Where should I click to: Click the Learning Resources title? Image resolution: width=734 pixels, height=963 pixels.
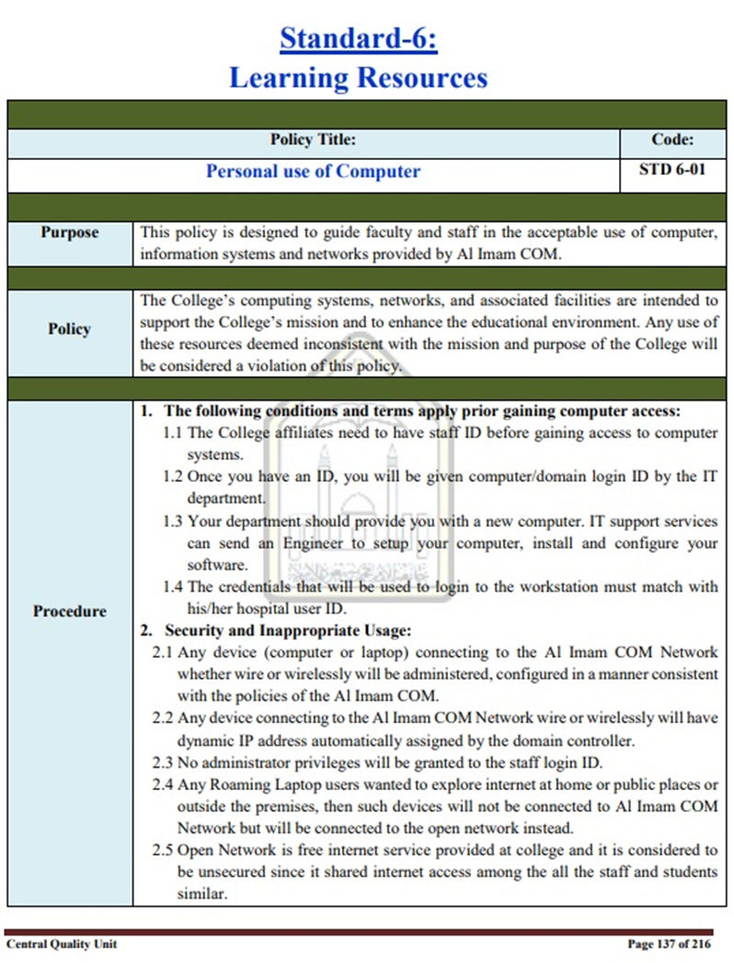tap(358, 77)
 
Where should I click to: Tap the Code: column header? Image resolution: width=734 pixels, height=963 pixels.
tap(671, 141)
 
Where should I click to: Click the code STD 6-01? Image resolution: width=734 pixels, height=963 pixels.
tap(671, 171)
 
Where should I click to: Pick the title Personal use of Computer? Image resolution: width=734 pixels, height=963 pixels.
tap(313, 171)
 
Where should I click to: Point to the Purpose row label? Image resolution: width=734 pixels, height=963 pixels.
tap(70, 233)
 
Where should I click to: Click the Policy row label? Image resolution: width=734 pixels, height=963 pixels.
tap(70, 329)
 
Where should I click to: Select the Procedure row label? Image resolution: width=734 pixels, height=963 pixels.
tap(70, 611)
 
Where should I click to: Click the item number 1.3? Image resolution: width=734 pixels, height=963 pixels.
tap(173, 522)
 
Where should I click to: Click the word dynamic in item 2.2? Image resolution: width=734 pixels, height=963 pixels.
tap(209, 739)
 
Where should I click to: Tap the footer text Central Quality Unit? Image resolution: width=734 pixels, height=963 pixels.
tap(62, 944)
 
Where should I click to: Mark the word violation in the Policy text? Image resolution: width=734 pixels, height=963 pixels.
tap(286, 365)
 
